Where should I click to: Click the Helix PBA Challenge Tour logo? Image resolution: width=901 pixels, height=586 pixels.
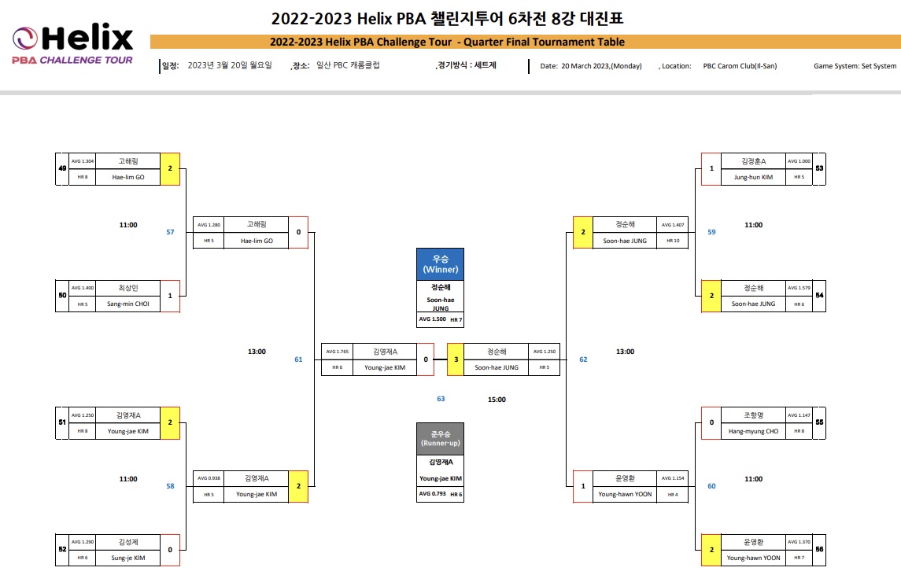point(72,46)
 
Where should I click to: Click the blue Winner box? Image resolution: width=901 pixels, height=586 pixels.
point(440,264)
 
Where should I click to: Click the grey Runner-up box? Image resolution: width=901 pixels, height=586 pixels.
point(440,438)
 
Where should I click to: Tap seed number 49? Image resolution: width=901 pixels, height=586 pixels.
point(61,168)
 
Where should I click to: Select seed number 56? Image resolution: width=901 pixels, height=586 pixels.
point(820,550)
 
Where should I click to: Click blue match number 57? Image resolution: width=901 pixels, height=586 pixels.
point(170,232)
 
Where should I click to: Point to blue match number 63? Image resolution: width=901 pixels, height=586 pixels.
point(441,399)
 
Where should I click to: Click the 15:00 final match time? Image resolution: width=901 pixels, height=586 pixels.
point(497,400)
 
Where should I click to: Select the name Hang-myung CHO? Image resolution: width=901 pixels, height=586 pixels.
point(753,431)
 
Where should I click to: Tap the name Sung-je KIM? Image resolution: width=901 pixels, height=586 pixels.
point(128,558)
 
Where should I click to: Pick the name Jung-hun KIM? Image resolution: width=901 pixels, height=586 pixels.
point(753,177)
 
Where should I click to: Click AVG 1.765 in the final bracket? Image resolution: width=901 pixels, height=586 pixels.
point(337,352)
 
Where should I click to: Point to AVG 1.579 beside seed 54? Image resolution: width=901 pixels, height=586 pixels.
point(799,288)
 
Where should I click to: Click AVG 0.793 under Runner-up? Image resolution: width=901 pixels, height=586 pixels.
point(431,494)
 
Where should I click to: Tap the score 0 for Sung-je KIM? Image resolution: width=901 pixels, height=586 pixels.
point(170,550)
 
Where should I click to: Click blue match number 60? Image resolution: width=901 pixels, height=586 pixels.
point(711,486)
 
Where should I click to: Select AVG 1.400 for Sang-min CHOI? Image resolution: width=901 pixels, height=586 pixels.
point(83,288)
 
